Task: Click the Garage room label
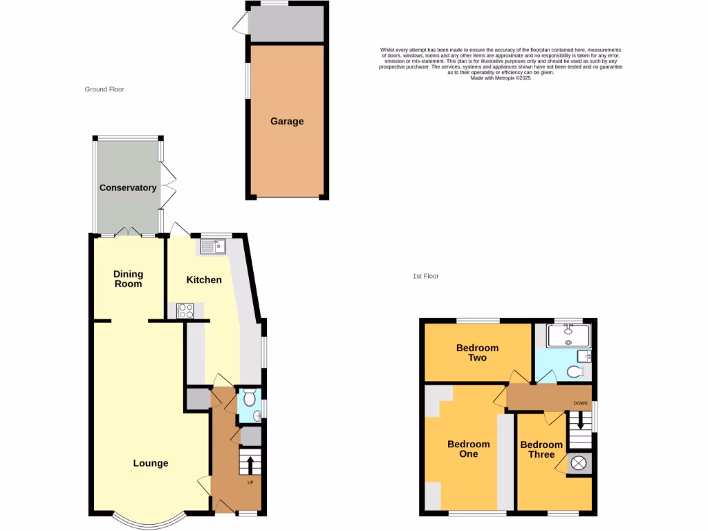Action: (287, 122)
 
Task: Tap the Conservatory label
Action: (128, 188)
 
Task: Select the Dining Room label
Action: (128, 279)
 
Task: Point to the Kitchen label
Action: (205, 280)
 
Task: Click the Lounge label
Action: (151, 463)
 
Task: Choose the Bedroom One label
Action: (468, 449)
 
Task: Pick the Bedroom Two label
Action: (477, 353)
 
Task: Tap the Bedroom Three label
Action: (541, 449)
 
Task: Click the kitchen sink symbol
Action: (213, 246)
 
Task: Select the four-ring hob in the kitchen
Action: (185, 311)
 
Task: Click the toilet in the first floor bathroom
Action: (575, 372)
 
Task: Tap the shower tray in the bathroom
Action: (570, 335)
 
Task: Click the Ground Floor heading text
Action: (104, 89)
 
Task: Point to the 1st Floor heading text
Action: (426, 276)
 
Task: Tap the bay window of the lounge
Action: (151, 518)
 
